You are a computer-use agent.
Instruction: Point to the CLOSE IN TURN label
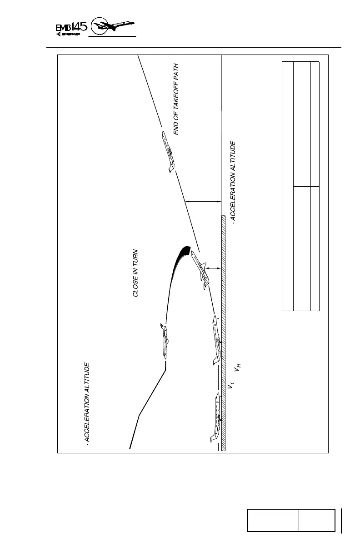[135, 273]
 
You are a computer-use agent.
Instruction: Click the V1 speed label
[231, 386]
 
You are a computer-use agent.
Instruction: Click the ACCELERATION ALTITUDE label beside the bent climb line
[88, 403]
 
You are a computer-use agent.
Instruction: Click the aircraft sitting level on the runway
[217, 417]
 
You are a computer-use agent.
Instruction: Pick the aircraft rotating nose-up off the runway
[216, 339]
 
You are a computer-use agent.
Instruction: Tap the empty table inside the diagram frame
[301, 186]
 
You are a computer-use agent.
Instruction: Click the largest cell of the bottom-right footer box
[273, 520]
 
